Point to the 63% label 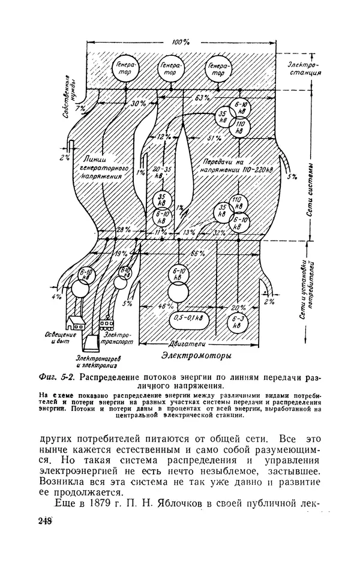(202, 97)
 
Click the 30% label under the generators (139, 104)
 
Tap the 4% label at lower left (57, 296)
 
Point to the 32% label (219, 232)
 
